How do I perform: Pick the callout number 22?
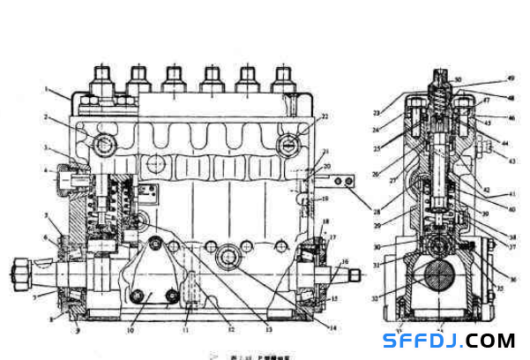(325, 116)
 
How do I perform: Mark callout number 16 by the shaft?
(345, 261)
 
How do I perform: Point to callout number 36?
(512, 280)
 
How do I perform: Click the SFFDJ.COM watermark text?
(449, 340)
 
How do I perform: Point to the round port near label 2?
(103, 143)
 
